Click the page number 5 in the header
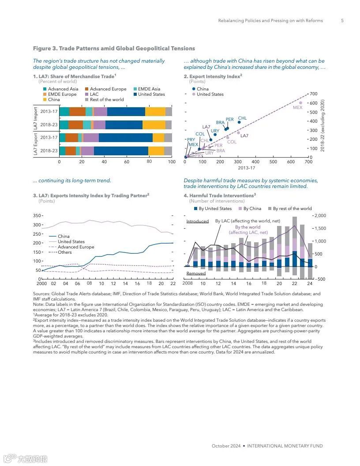342,21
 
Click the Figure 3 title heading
114,49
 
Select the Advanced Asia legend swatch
44,89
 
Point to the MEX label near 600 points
297,107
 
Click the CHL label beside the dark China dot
242,118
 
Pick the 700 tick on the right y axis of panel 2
314,94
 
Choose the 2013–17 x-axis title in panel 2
246,168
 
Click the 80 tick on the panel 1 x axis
149,162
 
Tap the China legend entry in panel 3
64,237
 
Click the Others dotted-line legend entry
64,252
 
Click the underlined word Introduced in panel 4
197,221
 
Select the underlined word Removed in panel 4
196,274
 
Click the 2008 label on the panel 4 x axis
187,283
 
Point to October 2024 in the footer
226,446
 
